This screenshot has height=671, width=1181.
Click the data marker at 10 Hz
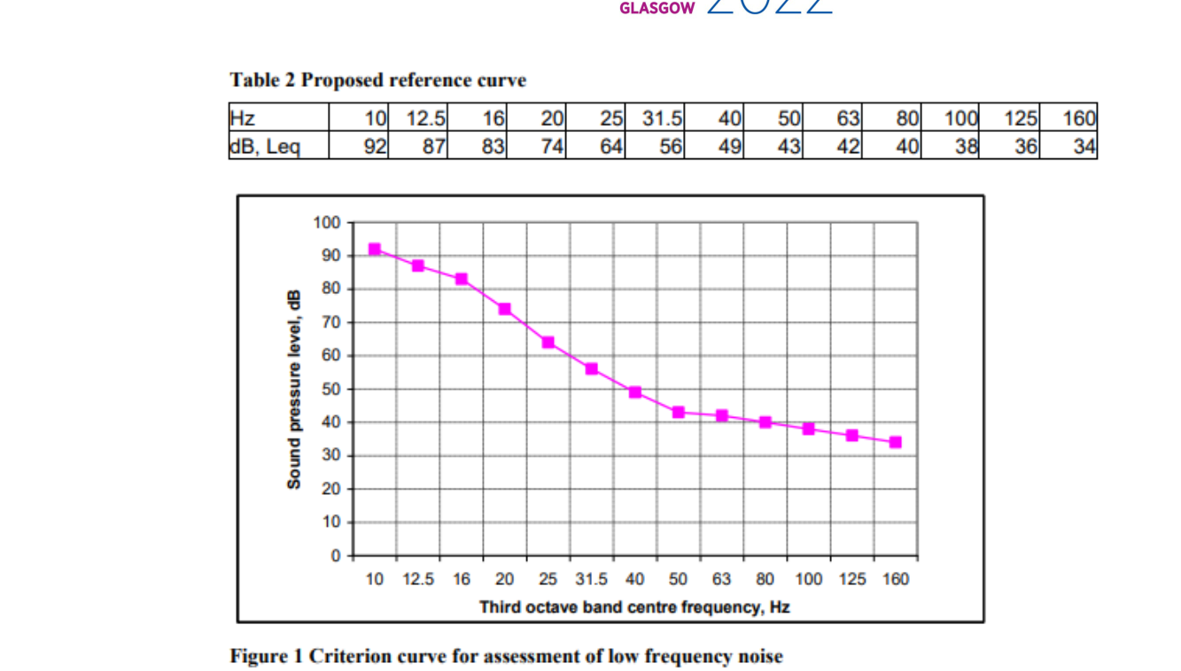[x=375, y=250]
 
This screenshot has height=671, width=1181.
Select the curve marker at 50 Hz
[x=679, y=413]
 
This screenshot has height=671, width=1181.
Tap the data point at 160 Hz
[x=896, y=443]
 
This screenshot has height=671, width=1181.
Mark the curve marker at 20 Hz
[x=505, y=309]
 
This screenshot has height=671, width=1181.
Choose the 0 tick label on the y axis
[x=335, y=556]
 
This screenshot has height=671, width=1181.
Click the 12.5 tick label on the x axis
[x=418, y=580]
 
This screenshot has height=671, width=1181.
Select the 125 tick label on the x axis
[x=852, y=580]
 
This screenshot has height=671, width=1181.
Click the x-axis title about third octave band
[x=633, y=607]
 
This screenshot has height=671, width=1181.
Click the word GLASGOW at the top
[x=657, y=9]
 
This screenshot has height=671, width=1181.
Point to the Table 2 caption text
[x=377, y=81]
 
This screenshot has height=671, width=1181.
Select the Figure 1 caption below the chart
[x=506, y=656]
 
